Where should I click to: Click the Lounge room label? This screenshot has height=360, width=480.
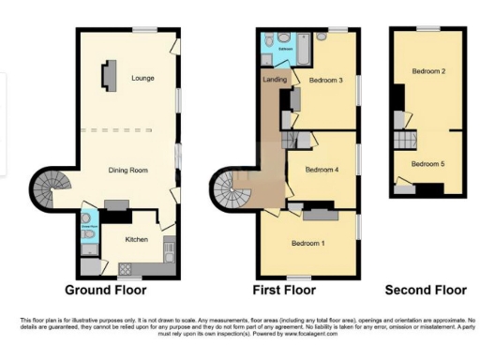pos(143,78)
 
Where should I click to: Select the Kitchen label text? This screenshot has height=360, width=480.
pos(137,240)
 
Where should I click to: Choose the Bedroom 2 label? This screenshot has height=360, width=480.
pos(428,71)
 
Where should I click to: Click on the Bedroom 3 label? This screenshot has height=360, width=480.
pos(326,81)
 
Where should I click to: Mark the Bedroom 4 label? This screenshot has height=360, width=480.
pos(321,170)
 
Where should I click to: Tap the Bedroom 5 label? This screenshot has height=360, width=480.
pos(428,163)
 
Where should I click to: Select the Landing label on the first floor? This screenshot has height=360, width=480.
pos(275,80)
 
